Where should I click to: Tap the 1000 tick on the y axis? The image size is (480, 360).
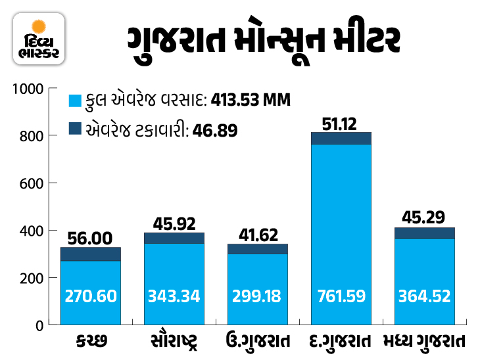29,89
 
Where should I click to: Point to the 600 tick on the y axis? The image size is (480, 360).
32,183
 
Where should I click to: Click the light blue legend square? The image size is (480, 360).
74,101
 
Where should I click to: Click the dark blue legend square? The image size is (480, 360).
74,129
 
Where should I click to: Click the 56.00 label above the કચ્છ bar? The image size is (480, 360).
91,238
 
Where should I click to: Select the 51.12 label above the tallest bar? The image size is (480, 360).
340,123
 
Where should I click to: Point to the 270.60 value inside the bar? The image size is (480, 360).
91,296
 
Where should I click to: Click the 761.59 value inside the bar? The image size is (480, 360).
340,296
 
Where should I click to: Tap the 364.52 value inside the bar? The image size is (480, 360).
424,296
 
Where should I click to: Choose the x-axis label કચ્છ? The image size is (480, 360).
91,342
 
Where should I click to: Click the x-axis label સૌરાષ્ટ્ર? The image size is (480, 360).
174,342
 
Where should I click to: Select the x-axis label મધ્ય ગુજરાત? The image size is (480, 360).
424,342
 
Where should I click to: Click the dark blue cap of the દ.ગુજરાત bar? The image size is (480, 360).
340,138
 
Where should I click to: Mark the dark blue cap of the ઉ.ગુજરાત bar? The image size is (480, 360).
256,249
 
